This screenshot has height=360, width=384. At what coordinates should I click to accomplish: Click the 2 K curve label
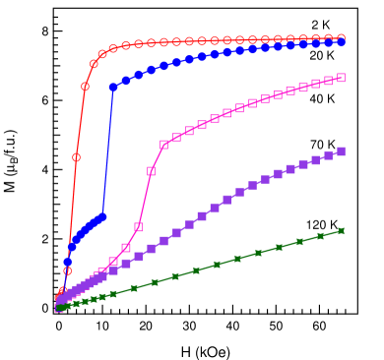(x=320, y=25)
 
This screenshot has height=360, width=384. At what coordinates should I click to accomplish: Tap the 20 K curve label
(x=320, y=55)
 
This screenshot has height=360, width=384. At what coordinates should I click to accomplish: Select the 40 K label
(x=321, y=98)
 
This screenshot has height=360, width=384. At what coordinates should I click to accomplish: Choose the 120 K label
(x=320, y=224)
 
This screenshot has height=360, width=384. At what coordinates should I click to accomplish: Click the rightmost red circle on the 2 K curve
(x=342, y=38)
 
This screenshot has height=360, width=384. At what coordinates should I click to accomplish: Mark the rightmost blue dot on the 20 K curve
(x=342, y=42)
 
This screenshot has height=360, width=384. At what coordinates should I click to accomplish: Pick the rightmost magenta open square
(x=342, y=77)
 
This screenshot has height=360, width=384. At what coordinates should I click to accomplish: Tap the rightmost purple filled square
(x=342, y=151)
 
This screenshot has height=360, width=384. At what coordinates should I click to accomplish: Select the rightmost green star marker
(x=342, y=230)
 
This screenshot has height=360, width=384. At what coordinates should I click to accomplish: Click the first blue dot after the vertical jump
(x=113, y=87)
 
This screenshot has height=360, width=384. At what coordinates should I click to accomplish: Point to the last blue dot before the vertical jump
(x=102, y=215)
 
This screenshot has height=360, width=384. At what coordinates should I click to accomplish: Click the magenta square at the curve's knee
(x=163, y=145)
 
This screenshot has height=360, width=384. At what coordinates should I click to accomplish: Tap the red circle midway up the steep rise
(x=76, y=157)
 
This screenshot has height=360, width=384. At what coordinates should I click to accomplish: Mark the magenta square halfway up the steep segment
(x=151, y=171)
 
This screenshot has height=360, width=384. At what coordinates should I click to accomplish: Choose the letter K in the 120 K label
(x=332, y=224)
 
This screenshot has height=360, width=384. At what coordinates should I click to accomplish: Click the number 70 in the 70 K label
(x=316, y=145)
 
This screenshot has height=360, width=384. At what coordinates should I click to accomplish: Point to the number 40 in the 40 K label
(x=315, y=98)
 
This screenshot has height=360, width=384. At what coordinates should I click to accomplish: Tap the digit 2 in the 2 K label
(x=314, y=25)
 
